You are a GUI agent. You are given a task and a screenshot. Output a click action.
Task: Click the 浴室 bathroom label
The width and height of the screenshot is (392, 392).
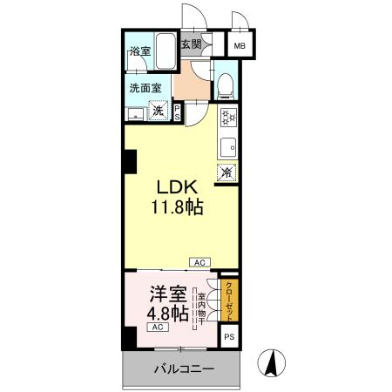point(139,51)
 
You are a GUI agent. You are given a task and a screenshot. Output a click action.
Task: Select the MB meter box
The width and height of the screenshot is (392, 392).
point(238,46)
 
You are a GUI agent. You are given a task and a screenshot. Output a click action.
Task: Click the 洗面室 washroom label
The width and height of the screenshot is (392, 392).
point(145,87)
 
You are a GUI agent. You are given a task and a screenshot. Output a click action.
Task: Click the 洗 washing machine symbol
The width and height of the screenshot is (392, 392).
point(159,111)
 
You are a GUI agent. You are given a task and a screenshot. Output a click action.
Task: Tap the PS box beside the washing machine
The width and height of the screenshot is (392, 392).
point(178,112)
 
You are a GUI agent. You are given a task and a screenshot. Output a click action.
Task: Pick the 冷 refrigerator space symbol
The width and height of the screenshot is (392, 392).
point(226,172)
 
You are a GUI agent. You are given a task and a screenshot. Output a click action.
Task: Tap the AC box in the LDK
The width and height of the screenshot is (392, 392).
point(199,261)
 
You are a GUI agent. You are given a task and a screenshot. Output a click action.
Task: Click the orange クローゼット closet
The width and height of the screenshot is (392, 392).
point(229,300)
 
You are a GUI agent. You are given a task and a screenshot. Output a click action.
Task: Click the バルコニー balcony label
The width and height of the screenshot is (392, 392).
point(184,369)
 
